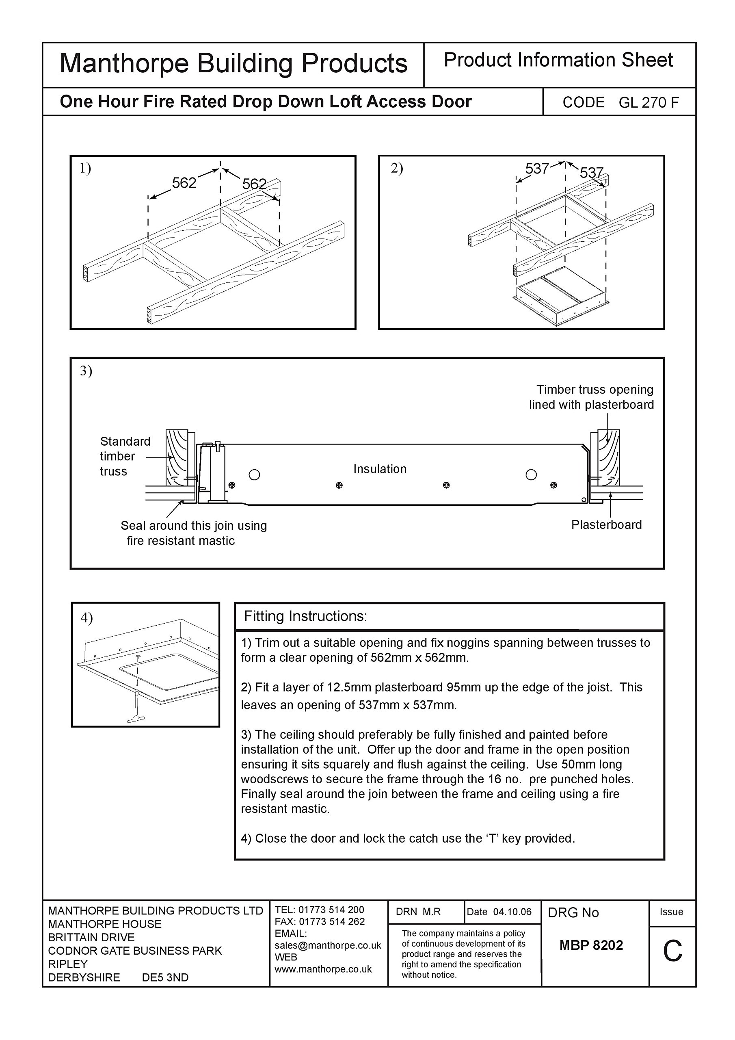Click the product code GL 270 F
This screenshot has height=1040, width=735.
649,103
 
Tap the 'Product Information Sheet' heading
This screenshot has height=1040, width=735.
558,60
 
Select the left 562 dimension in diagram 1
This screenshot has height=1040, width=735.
184,183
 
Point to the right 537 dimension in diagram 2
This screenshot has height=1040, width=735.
591,173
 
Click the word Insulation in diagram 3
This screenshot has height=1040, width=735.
380,469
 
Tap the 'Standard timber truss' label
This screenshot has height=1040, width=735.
125,456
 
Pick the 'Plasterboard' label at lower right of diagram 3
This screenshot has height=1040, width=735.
606,524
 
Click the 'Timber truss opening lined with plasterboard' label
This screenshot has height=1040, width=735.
591,397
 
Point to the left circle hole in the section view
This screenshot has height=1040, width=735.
255,475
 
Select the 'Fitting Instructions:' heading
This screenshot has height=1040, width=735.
305,616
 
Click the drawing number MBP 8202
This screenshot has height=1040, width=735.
591,945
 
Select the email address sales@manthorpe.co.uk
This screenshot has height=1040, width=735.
328,945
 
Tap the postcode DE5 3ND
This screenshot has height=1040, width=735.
165,977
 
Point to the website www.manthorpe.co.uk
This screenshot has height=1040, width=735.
323,969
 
